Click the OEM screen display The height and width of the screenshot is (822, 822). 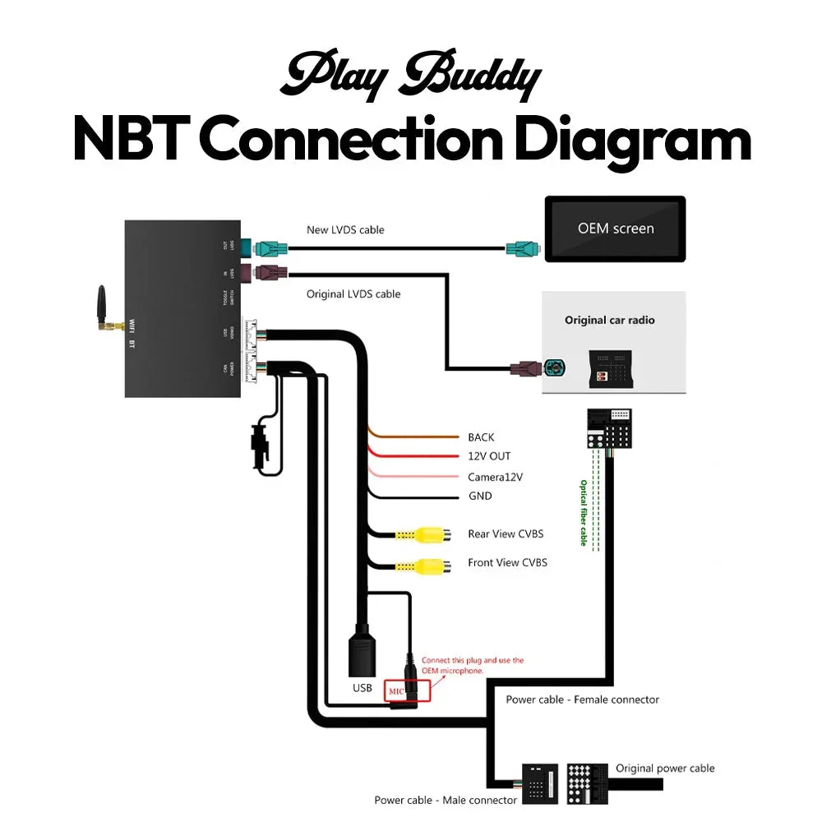616,229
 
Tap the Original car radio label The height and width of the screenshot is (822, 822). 609,320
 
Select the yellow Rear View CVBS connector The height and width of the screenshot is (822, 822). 432,535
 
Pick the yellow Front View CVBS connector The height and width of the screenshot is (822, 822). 432,565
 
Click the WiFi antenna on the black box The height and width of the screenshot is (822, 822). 104,308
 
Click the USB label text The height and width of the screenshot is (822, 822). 362,687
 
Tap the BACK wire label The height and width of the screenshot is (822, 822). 481,437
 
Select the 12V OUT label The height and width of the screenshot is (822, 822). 489,456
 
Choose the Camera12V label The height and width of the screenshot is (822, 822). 495,477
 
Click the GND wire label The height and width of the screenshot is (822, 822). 480,496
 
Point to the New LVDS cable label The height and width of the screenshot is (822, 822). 345,229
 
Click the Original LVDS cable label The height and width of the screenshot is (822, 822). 353,293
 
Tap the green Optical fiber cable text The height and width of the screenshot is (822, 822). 584,513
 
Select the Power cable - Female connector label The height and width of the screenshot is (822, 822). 582,700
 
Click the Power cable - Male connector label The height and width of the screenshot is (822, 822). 446,800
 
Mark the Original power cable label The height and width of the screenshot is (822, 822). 665,769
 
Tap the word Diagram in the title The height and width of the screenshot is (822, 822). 633,141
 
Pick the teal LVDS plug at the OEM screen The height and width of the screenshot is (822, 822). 523,247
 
